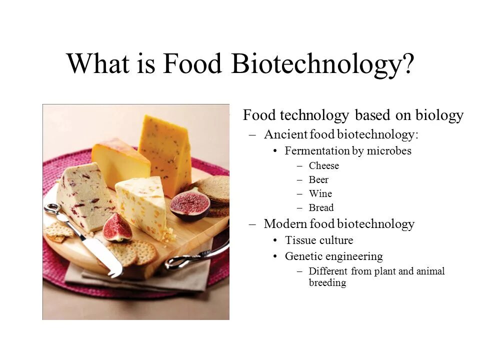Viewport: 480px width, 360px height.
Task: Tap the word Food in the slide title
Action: pyautogui.click(x=192, y=63)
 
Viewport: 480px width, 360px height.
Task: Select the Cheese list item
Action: pyautogui.click(x=323, y=165)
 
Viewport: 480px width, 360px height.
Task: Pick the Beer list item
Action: pyautogui.click(x=318, y=179)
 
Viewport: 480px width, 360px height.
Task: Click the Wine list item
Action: pyautogui.click(x=320, y=193)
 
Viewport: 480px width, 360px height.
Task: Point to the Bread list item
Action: pyautogui.click(x=321, y=207)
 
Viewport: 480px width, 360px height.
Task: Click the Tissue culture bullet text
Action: pyautogui.click(x=319, y=240)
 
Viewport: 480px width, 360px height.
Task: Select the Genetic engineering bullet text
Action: pyautogui.click(x=333, y=256)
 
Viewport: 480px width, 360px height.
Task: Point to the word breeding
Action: pyautogui.click(x=327, y=282)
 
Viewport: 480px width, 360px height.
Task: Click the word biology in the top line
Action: pyautogui.click(x=439, y=116)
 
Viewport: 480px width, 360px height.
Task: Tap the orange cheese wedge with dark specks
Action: pyautogui.click(x=166, y=150)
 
